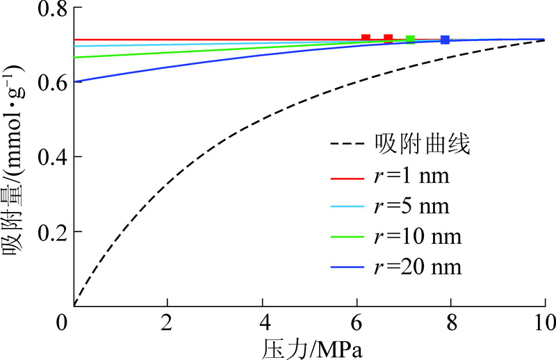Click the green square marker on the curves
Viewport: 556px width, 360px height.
pyautogui.click(x=410, y=40)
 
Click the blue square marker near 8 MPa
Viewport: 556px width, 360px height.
pyautogui.click(x=445, y=40)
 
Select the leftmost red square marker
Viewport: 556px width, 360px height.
pyautogui.click(x=366, y=38)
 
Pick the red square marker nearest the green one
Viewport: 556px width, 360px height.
pyautogui.click(x=389, y=38)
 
